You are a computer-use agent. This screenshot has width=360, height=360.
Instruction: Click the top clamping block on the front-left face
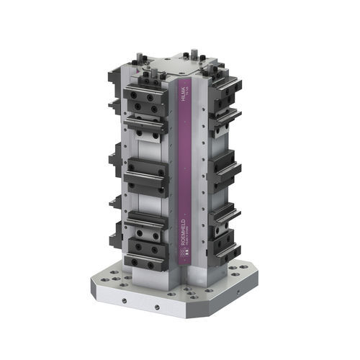[x=146, y=101]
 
